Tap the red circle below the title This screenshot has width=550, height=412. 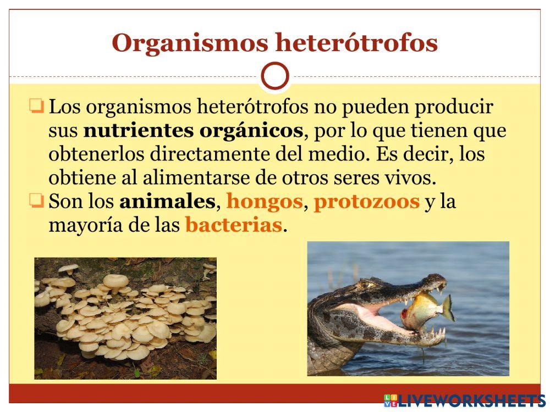click(275, 76)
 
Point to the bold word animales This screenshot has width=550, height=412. click(167, 202)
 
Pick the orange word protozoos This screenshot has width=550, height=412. click(366, 202)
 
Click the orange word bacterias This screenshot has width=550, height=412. click(234, 225)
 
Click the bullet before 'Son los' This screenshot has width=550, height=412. click(37, 201)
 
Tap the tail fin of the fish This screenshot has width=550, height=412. click(448, 307)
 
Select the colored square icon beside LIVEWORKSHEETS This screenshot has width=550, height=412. click(391, 400)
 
